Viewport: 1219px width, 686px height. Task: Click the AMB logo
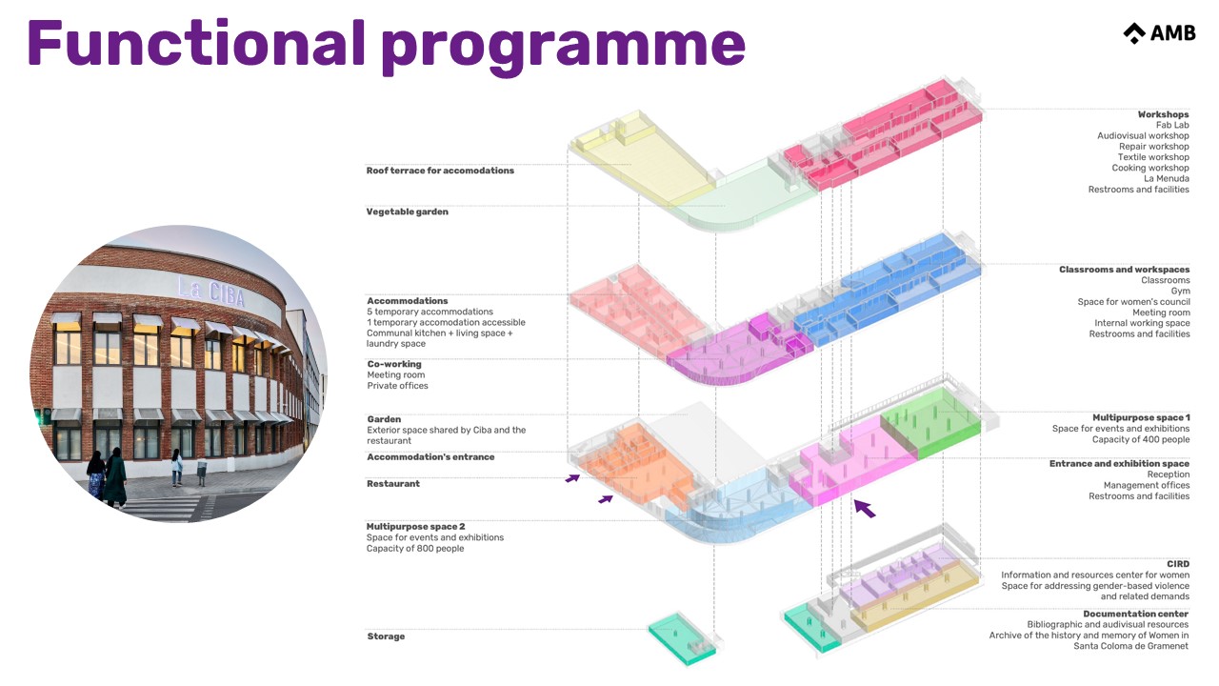[1158, 33]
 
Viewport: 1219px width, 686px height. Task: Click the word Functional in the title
[194, 43]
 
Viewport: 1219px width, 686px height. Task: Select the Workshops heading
[1163, 114]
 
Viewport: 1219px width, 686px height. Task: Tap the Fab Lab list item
[1172, 125]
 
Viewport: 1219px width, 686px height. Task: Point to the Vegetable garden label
[407, 212]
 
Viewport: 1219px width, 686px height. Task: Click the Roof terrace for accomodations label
[440, 171]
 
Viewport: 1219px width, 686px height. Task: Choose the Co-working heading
[394, 364]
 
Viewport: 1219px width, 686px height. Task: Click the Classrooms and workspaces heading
[1124, 270]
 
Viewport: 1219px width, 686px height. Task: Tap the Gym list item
[1180, 292]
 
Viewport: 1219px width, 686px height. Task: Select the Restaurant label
[393, 484]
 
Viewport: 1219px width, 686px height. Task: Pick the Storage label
[386, 636]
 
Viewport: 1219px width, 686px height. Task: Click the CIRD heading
[1178, 564]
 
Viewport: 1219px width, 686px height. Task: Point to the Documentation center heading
[1135, 614]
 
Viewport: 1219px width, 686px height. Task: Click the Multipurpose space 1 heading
[1141, 417]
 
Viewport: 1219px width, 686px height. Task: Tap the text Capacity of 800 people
[415, 548]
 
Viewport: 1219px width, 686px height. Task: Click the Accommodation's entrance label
[430, 457]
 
